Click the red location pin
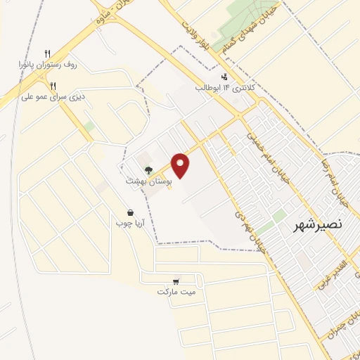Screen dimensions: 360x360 click(181, 165)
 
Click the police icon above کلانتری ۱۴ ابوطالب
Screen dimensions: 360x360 click(224, 77)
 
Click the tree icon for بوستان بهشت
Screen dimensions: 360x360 click(148, 169)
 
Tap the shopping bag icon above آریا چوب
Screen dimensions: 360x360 click(130, 212)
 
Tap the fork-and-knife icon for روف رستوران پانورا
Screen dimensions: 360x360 click(48, 53)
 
